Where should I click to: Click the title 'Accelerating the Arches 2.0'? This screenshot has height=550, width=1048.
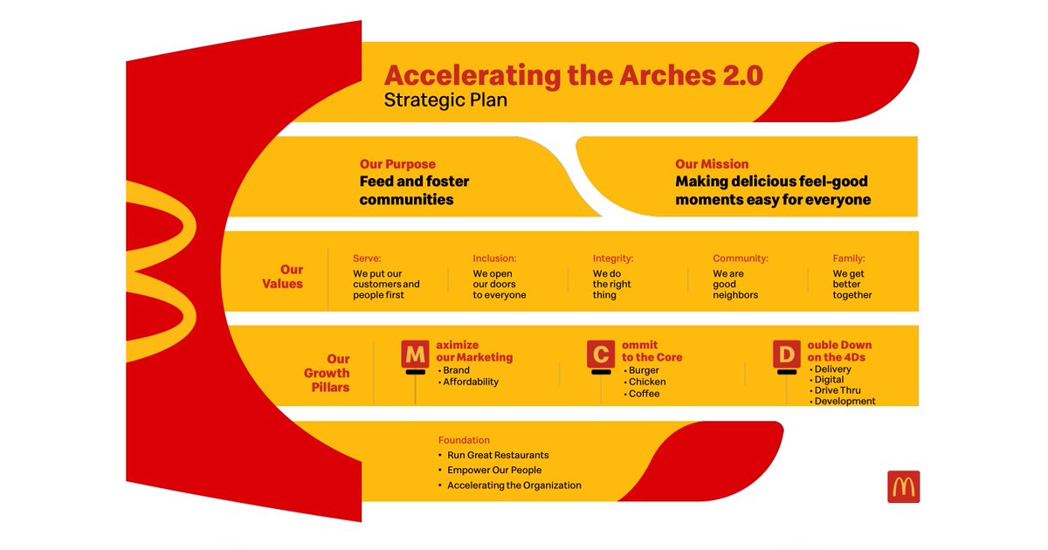[573, 75]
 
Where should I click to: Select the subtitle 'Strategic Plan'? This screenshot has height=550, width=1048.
[445, 100]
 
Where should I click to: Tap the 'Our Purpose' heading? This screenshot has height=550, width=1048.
[397, 164]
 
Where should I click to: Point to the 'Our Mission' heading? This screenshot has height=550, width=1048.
[712, 164]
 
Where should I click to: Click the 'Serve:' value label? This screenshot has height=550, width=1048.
[368, 258]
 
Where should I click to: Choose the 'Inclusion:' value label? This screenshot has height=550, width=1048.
[494, 258]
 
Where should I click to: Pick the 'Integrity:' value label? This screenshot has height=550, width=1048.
[613, 258]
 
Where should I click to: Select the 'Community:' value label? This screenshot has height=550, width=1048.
[741, 258]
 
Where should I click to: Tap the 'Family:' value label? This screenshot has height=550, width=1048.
[849, 258]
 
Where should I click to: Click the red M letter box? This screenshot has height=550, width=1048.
[415, 354]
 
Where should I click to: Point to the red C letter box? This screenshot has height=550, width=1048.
[600, 354]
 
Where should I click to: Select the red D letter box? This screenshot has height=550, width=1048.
[786, 354]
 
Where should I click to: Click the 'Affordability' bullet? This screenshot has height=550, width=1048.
[470, 382]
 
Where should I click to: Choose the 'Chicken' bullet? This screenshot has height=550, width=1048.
[646, 382]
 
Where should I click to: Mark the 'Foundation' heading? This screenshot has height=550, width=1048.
[464, 440]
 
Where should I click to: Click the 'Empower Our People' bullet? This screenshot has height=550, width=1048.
[494, 470]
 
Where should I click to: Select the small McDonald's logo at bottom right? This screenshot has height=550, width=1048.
[903, 486]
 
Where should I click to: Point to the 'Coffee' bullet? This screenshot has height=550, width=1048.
[644, 394]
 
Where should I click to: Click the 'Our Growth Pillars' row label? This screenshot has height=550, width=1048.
[327, 373]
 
